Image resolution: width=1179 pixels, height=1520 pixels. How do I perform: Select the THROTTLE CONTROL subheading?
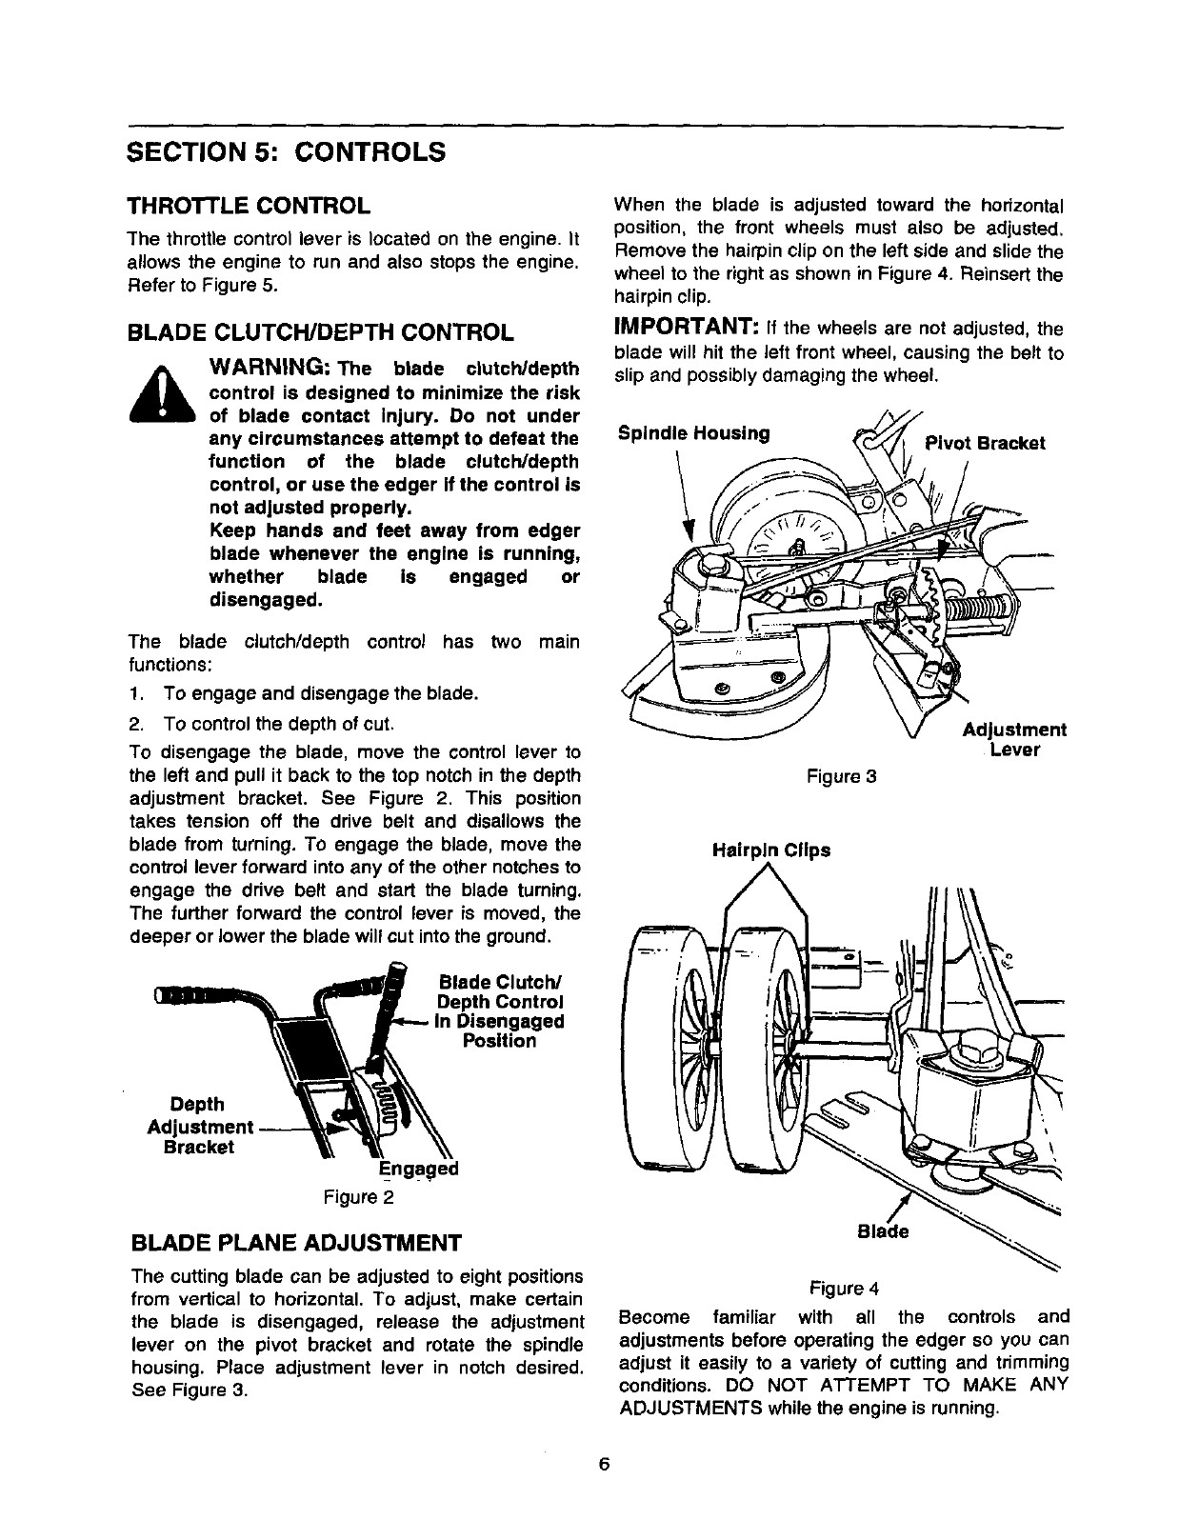click(250, 206)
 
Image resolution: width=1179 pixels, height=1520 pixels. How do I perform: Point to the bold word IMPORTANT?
click(686, 329)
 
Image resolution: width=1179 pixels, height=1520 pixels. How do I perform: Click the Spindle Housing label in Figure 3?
click(693, 433)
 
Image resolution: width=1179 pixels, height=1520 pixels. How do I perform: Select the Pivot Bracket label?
click(986, 443)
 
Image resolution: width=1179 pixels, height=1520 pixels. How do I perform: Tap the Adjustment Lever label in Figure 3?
click(1013, 740)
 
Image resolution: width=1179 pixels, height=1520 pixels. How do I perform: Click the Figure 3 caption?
click(841, 777)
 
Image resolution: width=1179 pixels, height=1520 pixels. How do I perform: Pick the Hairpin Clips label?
click(770, 850)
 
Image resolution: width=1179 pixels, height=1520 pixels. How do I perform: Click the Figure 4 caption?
click(843, 1289)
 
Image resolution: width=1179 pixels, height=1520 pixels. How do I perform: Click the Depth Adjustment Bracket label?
click(199, 1126)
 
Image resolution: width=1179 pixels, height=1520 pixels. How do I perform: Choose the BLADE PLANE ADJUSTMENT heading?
click(295, 1243)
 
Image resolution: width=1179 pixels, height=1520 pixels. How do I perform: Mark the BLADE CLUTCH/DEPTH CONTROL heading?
click(322, 332)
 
